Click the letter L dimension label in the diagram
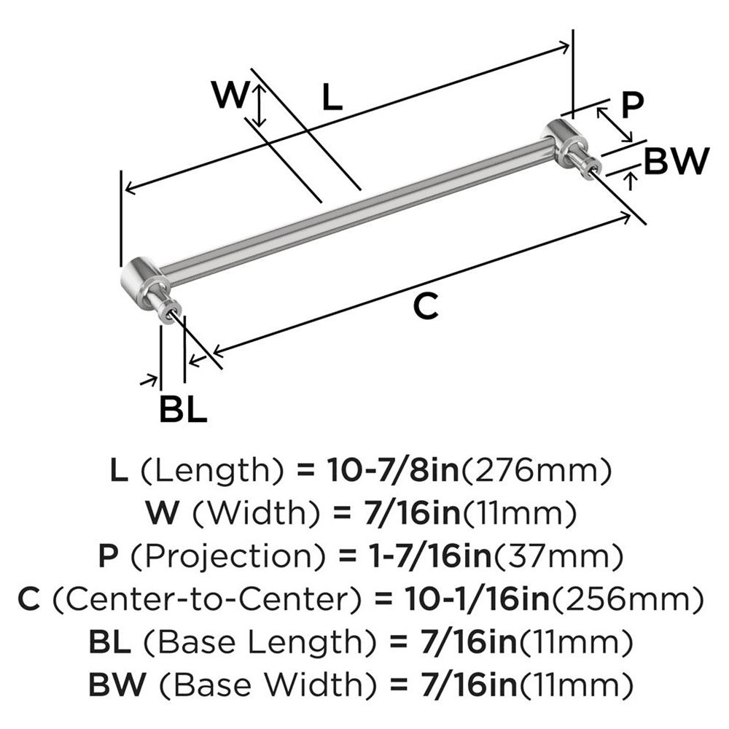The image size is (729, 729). pos(332,98)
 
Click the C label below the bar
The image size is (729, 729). pos(426,308)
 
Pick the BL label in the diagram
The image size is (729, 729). pos(183,410)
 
